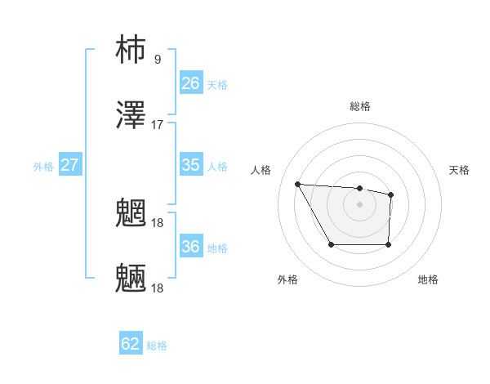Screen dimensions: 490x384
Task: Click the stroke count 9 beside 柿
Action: (x=157, y=59)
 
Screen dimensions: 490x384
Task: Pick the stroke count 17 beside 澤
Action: (x=158, y=125)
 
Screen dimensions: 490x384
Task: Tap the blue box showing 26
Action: (x=190, y=83)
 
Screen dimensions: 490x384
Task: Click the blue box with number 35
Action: (x=190, y=165)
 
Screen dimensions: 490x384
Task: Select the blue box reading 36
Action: (x=190, y=247)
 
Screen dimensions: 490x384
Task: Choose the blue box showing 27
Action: (x=69, y=165)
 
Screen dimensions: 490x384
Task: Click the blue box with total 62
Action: (x=131, y=344)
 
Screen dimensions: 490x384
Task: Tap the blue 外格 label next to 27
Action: (x=43, y=167)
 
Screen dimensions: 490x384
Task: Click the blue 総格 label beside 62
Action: (x=157, y=346)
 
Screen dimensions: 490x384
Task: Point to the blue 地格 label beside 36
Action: (x=217, y=248)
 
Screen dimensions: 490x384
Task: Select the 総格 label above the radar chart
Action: (x=360, y=106)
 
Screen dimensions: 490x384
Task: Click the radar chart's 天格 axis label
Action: (x=459, y=170)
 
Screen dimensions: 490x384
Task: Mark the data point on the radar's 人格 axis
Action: (x=298, y=184)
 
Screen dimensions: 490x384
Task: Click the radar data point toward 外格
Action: (x=331, y=244)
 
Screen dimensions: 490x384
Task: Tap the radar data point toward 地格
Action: (x=388, y=244)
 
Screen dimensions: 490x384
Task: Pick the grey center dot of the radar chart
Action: (x=359, y=203)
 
